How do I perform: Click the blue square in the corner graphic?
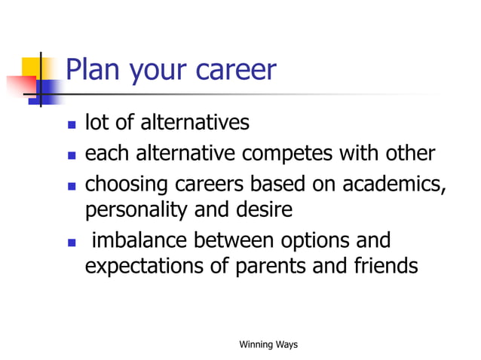pos(49,91)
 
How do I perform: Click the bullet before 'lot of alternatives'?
pos(72,124)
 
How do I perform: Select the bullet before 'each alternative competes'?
pos(72,155)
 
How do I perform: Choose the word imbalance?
pos(140,242)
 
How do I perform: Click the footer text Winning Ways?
pos(268,345)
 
